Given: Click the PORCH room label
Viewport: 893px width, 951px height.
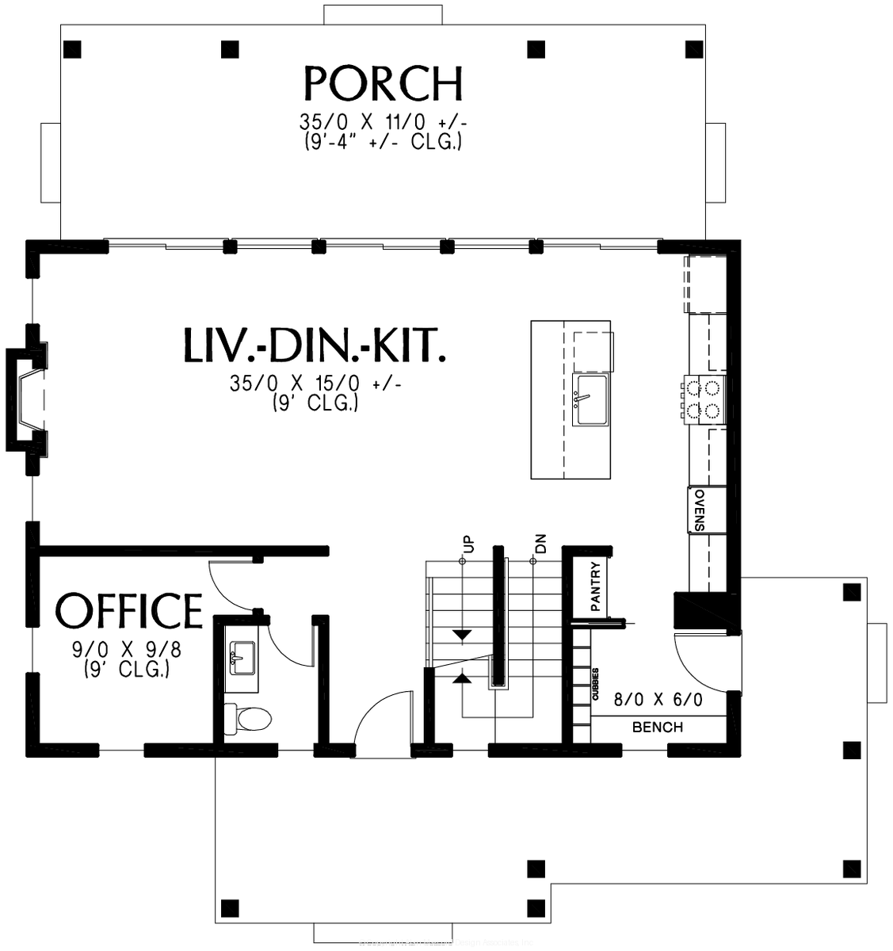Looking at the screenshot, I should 383,83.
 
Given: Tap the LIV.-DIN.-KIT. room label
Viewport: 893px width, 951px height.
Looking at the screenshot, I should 314,345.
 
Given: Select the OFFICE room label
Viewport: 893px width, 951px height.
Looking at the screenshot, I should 129,611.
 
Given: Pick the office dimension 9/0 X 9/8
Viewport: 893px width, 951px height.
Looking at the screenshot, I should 127,650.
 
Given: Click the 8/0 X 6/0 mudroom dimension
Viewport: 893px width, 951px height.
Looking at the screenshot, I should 658,701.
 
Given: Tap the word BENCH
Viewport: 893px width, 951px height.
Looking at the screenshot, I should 658,728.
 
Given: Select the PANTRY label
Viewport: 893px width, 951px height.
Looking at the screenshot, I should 597,586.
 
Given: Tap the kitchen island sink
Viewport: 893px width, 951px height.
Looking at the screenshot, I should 589,401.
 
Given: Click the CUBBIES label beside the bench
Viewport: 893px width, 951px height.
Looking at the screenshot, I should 594,683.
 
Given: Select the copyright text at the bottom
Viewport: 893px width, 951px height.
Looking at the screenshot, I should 446,943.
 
